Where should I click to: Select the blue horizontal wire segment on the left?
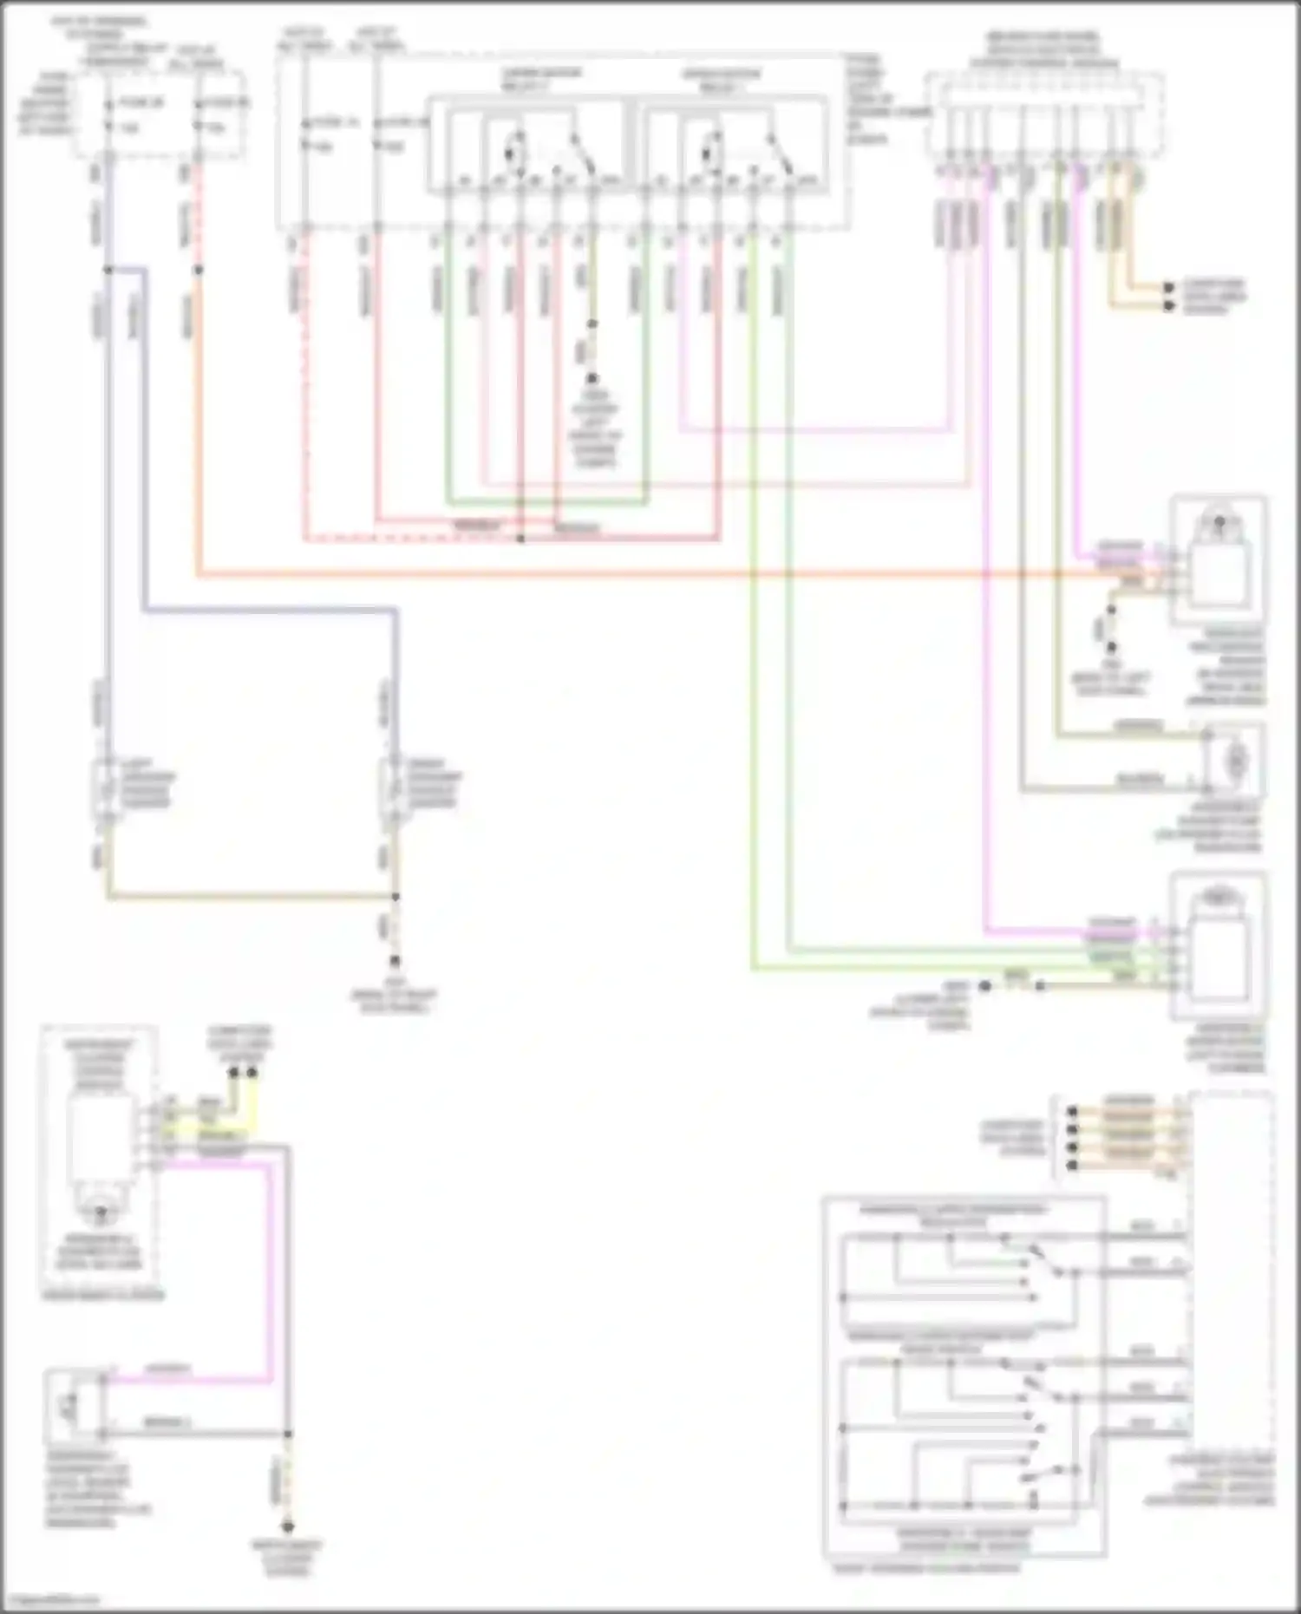point(269,611)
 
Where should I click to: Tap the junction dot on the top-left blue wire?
point(108,270)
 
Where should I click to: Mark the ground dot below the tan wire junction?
point(395,961)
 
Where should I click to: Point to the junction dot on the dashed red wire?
point(520,539)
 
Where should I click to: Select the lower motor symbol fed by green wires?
point(1219,945)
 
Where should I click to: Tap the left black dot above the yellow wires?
point(233,1073)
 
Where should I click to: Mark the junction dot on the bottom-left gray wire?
point(288,1434)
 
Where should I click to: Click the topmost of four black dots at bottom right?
point(1073,1111)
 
